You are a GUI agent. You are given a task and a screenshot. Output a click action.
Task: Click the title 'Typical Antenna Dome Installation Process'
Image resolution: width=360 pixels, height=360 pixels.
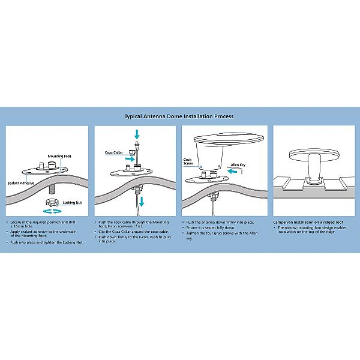pos(179,116)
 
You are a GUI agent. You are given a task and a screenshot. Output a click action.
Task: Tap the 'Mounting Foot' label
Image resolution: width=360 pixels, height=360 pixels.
pos(59,157)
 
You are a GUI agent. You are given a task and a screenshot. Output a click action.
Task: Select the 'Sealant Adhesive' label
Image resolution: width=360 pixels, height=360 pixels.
pos(20,183)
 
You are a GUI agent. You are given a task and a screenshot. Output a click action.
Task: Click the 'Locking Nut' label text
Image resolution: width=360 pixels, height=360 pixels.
pos(72,203)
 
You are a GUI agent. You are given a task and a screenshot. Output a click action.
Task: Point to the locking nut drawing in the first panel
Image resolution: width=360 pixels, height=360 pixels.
pos(52,203)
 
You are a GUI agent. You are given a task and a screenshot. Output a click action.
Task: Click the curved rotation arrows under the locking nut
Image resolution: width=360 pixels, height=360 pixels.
pos(52,211)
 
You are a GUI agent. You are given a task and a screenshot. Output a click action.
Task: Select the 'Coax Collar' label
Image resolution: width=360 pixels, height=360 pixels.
pos(113,152)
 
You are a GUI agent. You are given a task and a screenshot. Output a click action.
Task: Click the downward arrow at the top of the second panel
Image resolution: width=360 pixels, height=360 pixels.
pos(137,134)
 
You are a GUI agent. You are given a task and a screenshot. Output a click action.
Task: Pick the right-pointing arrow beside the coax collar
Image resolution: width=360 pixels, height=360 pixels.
pos(130,158)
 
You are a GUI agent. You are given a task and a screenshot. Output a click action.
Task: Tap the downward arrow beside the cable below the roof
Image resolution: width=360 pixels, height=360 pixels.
pos(142,202)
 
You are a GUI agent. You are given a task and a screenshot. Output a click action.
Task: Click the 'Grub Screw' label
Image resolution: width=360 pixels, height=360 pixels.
pos(188,161)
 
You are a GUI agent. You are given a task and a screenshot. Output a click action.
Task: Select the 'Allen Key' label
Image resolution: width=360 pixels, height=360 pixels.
pos(238,165)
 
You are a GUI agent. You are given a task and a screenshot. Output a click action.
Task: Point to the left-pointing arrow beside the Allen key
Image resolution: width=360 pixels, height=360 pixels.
pos(232,171)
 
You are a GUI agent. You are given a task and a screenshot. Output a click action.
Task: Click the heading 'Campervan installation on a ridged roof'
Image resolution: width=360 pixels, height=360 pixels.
pos(308,222)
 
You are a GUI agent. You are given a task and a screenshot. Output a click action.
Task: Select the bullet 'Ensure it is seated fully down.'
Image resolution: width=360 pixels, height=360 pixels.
pos(211,228)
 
